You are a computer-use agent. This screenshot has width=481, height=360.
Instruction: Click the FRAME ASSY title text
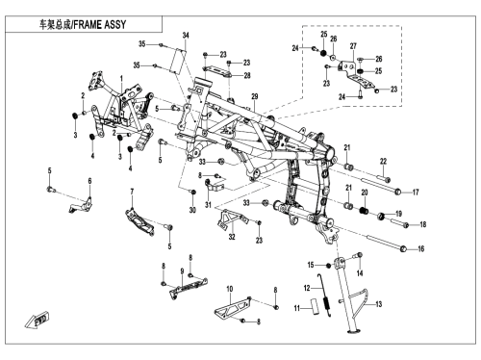(83, 25)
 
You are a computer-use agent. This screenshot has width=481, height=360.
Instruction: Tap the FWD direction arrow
(37, 320)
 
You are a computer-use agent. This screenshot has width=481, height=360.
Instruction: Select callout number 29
(255, 96)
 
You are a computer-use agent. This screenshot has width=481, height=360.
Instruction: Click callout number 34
(186, 36)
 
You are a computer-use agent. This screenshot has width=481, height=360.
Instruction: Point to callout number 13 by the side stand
(379, 304)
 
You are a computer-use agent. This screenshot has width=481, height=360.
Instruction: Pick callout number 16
(420, 248)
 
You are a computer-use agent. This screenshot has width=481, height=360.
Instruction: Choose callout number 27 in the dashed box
(353, 46)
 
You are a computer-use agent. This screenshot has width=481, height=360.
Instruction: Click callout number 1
(121, 78)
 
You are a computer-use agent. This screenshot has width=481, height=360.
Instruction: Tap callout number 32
(232, 237)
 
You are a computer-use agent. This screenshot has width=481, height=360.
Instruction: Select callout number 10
(230, 289)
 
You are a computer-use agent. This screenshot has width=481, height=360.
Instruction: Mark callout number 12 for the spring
(307, 288)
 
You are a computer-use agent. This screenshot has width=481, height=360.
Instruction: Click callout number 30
(192, 210)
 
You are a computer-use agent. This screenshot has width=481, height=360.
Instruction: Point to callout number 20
(365, 193)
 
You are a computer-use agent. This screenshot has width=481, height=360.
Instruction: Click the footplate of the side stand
(352, 330)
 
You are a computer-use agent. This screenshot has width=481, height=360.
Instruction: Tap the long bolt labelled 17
(379, 186)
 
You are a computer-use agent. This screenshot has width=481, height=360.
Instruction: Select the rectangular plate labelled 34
(179, 61)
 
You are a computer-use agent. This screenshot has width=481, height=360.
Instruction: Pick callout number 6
(89, 181)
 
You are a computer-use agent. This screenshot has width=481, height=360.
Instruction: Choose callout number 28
(247, 75)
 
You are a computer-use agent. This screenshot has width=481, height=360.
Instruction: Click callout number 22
(384, 162)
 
